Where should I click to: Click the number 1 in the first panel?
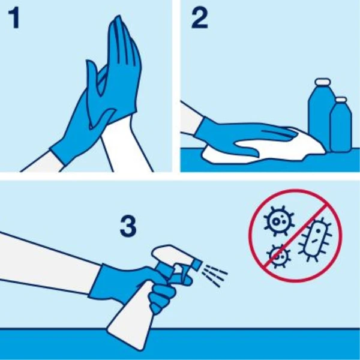coord(14,19)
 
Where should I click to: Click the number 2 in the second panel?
coord(200,19)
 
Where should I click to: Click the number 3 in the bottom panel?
coord(128,226)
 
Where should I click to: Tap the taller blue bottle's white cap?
coord(323,82)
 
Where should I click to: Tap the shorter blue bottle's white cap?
coord(341,100)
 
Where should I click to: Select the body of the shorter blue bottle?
coord(341,127)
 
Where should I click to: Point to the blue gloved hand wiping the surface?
coord(241,136)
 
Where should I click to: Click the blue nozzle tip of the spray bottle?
coord(197,263)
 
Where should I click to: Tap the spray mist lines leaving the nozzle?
coord(215,275)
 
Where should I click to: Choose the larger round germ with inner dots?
coord(278,220)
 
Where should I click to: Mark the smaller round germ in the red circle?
coord(278,256)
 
